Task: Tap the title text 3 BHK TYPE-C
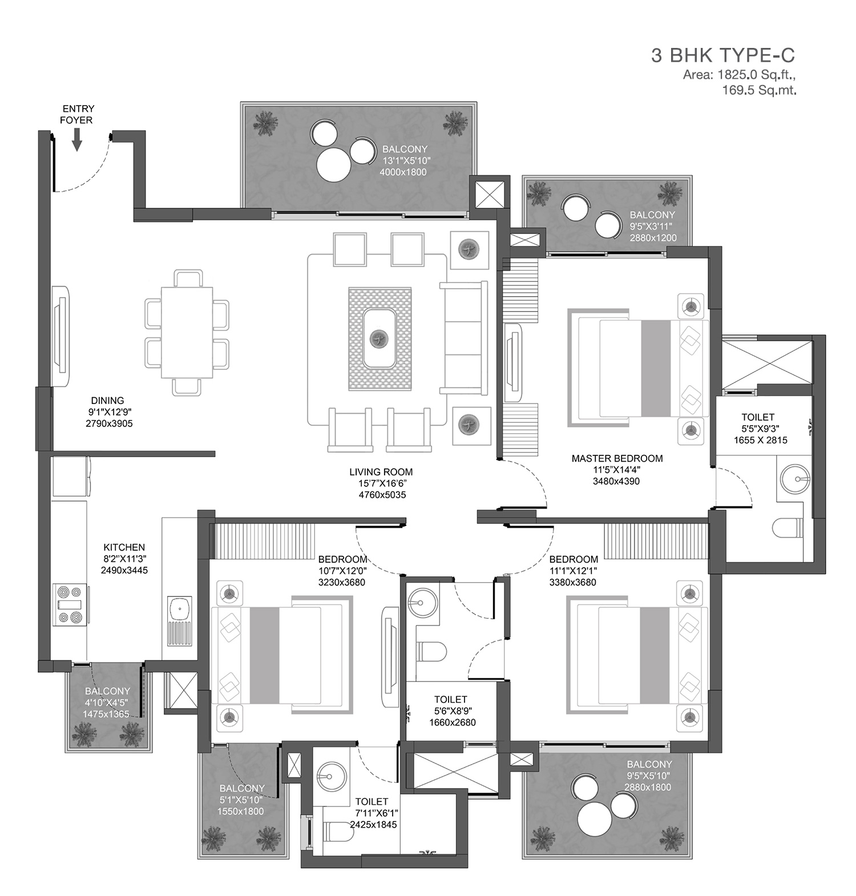(x=723, y=55)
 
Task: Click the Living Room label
(x=381, y=472)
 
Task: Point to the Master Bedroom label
(x=617, y=458)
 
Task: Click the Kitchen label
(x=124, y=547)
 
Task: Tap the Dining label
(x=107, y=401)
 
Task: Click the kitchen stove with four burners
(x=70, y=605)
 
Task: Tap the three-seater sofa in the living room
(x=463, y=337)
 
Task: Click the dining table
(x=187, y=332)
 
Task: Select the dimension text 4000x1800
(x=403, y=172)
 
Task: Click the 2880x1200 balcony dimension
(x=653, y=237)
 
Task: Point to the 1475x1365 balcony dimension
(x=106, y=714)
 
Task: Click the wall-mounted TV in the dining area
(x=61, y=337)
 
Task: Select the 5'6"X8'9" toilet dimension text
(x=452, y=711)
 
